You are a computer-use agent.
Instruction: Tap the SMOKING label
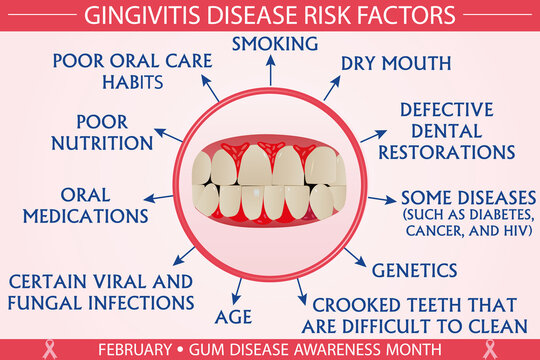[275, 44]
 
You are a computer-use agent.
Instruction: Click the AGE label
[233, 318]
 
